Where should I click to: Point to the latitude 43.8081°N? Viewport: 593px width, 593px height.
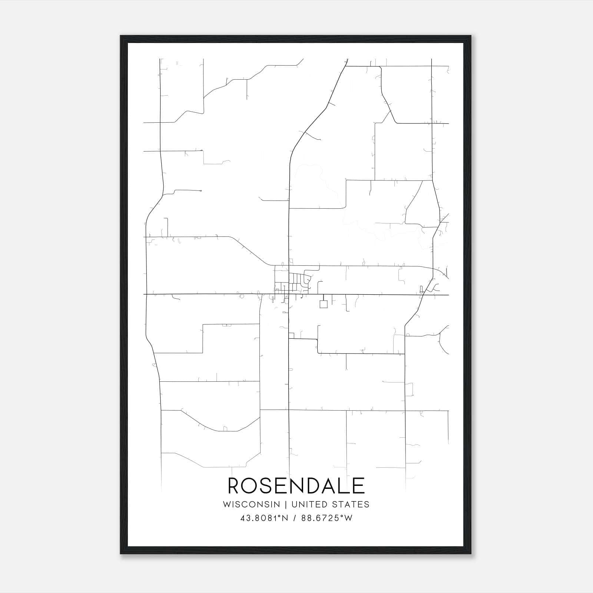tap(264, 518)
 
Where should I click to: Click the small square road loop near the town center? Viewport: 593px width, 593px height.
tap(324, 304)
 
